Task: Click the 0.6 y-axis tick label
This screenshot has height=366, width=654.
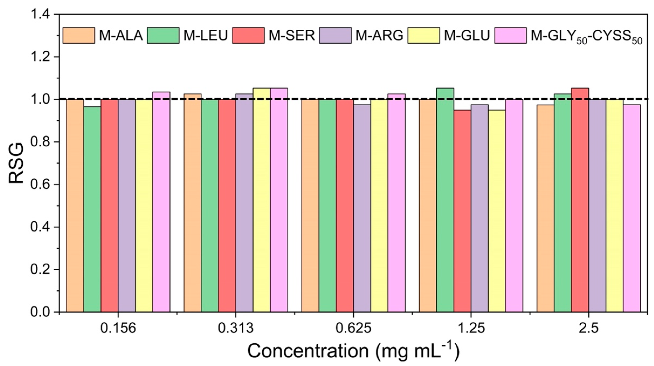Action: tap(41, 184)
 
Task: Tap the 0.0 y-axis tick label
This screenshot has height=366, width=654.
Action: tap(41, 312)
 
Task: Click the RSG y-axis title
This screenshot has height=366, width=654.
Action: tap(16, 163)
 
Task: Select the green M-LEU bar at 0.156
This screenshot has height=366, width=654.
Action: tap(92, 208)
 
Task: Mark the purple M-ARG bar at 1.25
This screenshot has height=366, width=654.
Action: tap(480, 208)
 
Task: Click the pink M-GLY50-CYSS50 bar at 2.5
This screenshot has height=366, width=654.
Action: tap(632, 208)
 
